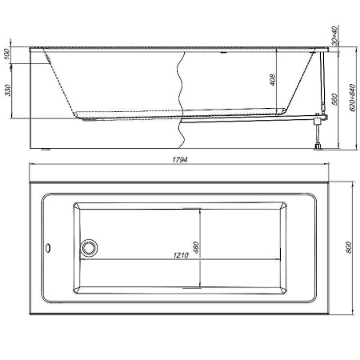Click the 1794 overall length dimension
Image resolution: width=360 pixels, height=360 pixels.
tap(180, 160)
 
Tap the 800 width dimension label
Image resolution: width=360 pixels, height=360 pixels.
tap(348, 247)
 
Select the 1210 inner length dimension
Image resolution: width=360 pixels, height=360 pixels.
tap(181, 255)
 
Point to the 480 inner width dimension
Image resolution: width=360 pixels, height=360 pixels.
tap(195, 247)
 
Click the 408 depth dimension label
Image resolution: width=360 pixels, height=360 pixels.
tap(273, 80)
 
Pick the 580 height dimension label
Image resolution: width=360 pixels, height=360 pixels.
tap(335, 99)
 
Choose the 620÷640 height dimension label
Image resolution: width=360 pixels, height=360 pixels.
tap(352, 98)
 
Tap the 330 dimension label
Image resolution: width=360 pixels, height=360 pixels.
tap(8, 90)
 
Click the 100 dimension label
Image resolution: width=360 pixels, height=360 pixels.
tap(8, 54)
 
